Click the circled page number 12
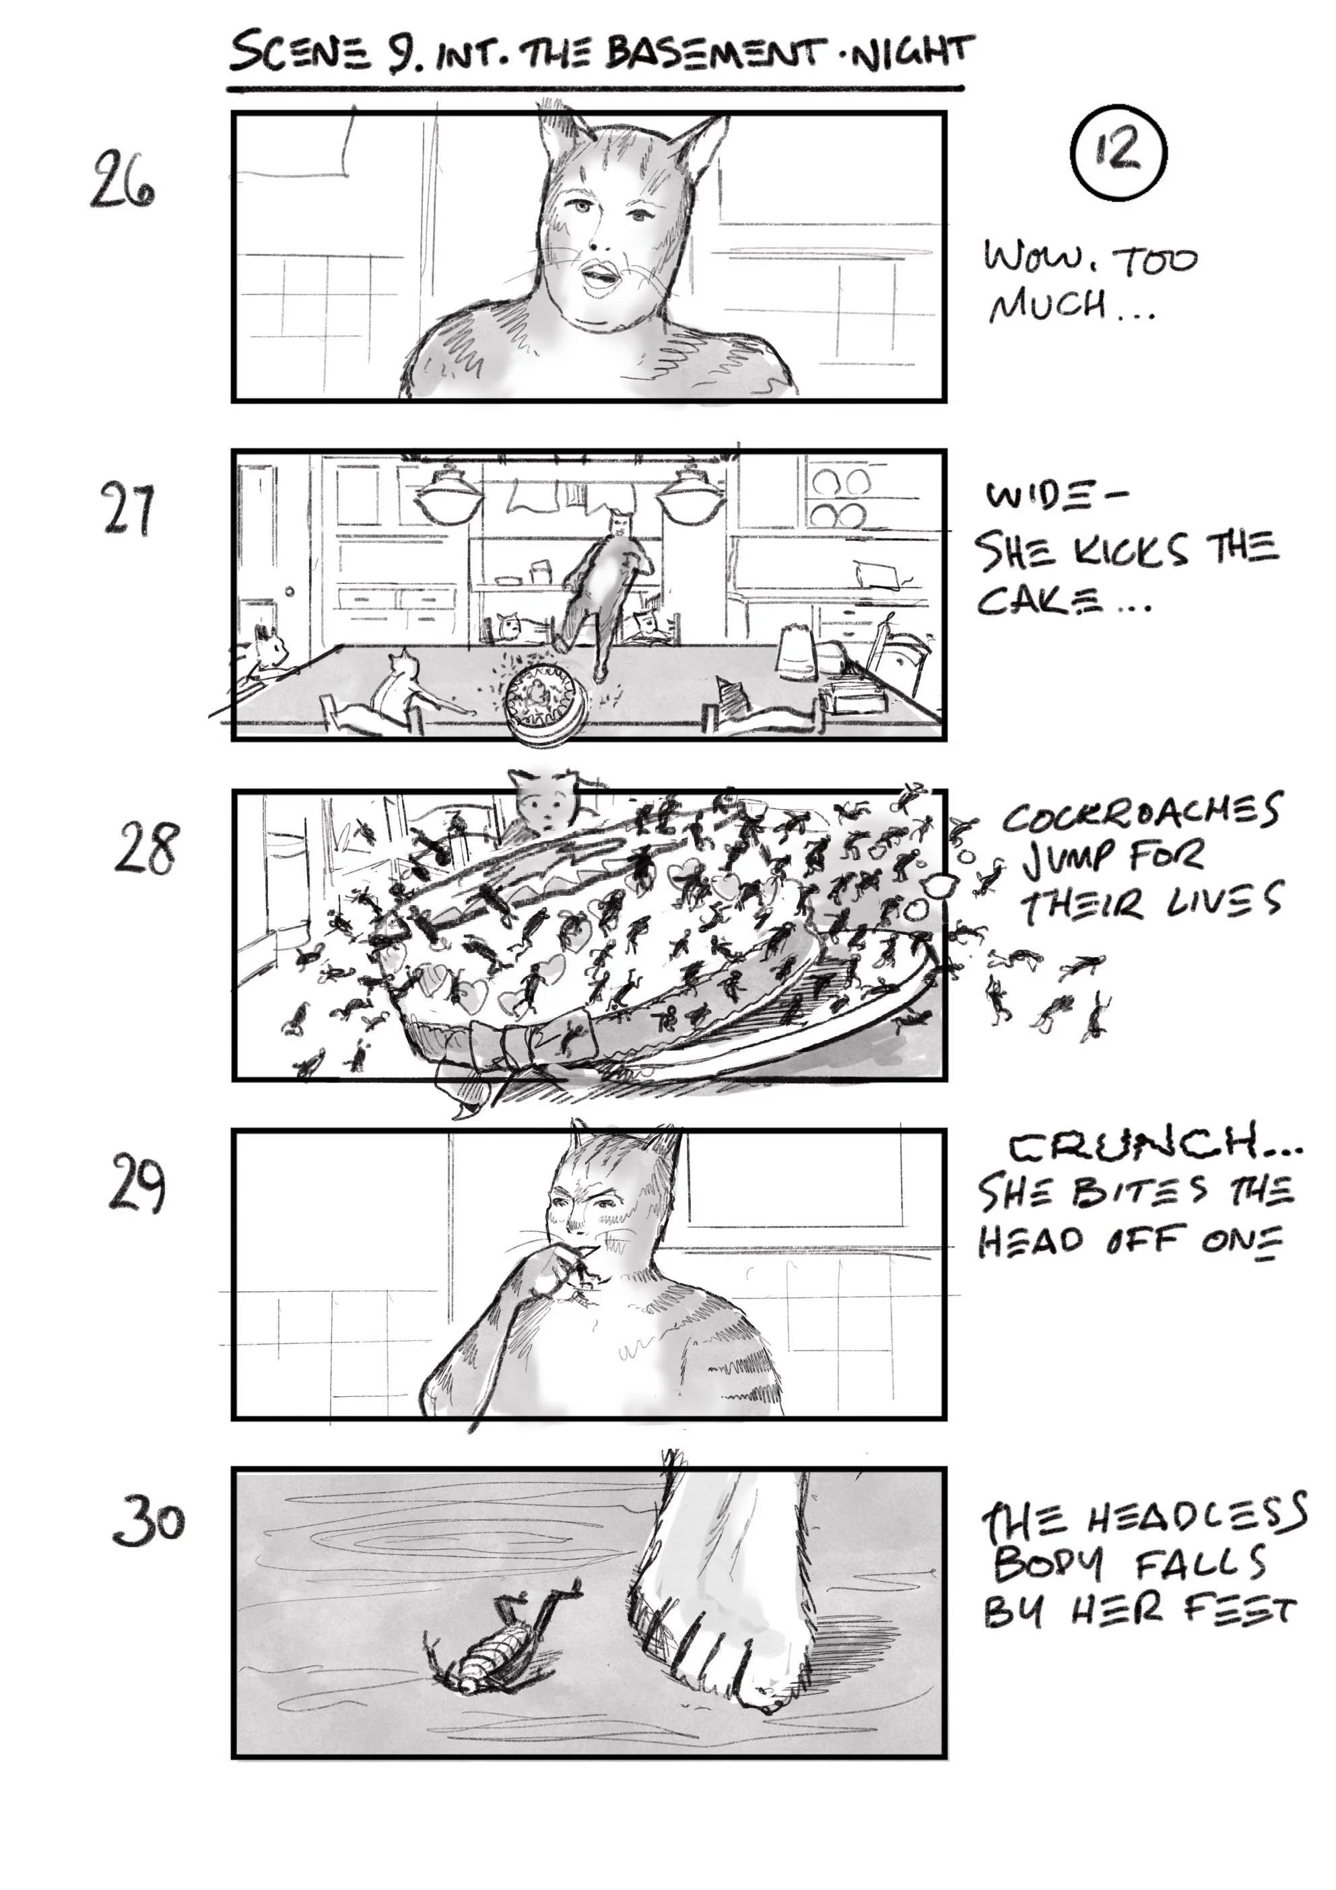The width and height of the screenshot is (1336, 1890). point(1118,153)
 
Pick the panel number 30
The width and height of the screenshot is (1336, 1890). point(148,1521)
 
